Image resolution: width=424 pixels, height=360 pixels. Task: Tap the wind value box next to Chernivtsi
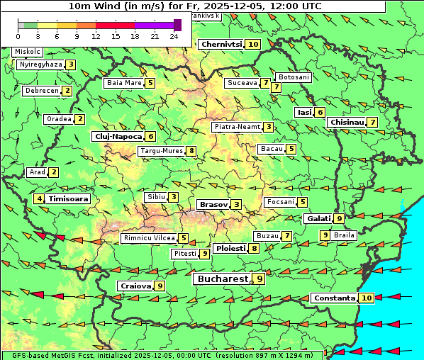coord(253,44)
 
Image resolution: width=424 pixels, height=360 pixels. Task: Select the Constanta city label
coord(334,298)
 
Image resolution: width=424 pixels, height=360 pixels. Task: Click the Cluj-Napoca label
coord(118,136)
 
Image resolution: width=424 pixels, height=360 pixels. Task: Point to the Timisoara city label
coord(68,199)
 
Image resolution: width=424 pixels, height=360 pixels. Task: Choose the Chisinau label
coord(347,122)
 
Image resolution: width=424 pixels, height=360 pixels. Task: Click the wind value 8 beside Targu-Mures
coord(191,151)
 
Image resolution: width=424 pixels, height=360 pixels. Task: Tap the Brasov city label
coord(213,204)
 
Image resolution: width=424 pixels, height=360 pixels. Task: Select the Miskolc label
coord(27,52)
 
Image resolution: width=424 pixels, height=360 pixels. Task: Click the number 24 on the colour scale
coord(174,36)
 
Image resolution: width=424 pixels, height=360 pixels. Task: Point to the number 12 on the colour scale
coord(95,36)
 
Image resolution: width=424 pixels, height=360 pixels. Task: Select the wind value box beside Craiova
coord(160,286)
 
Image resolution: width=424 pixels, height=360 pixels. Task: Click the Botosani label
coord(293,77)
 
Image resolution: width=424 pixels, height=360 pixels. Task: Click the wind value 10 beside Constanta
coord(366,298)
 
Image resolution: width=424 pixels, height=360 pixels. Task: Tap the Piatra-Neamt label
coord(237,127)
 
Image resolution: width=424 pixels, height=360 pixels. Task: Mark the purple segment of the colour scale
coord(154,25)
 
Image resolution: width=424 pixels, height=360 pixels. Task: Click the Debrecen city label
coord(41,91)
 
